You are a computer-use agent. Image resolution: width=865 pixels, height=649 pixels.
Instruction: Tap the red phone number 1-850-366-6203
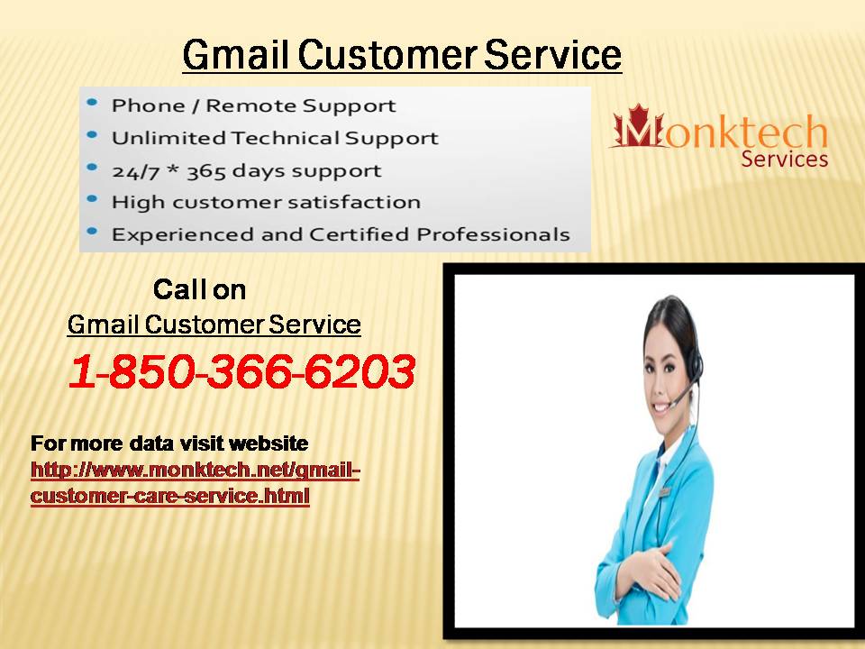click(x=241, y=370)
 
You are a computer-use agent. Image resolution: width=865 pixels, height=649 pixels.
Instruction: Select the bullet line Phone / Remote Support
click(x=254, y=105)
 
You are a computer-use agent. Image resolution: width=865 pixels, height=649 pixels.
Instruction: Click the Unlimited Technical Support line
click(x=275, y=137)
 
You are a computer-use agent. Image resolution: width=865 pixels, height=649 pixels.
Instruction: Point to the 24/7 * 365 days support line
click(x=246, y=171)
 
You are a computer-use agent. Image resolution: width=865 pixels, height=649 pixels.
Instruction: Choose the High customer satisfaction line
click(x=266, y=203)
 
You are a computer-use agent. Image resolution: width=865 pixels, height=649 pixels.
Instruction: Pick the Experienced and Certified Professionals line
click(x=341, y=234)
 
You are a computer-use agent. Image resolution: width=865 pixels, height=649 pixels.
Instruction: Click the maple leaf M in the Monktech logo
click(x=638, y=126)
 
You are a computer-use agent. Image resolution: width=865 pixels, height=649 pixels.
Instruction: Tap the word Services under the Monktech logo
click(x=785, y=159)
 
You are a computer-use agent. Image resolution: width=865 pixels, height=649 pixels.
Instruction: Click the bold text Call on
click(x=200, y=289)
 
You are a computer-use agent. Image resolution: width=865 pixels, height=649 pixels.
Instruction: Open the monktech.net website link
click(x=196, y=482)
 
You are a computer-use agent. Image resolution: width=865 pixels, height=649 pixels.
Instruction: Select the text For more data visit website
click(x=169, y=443)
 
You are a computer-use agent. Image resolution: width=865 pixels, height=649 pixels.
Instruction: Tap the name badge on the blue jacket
click(x=665, y=491)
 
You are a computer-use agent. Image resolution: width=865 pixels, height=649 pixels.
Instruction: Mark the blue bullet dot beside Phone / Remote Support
click(x=92, y=102)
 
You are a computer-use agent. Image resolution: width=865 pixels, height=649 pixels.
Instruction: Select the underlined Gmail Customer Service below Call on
click(x=214, y=324)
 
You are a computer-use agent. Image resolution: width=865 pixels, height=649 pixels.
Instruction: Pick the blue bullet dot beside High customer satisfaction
click(x=92, y=198)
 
